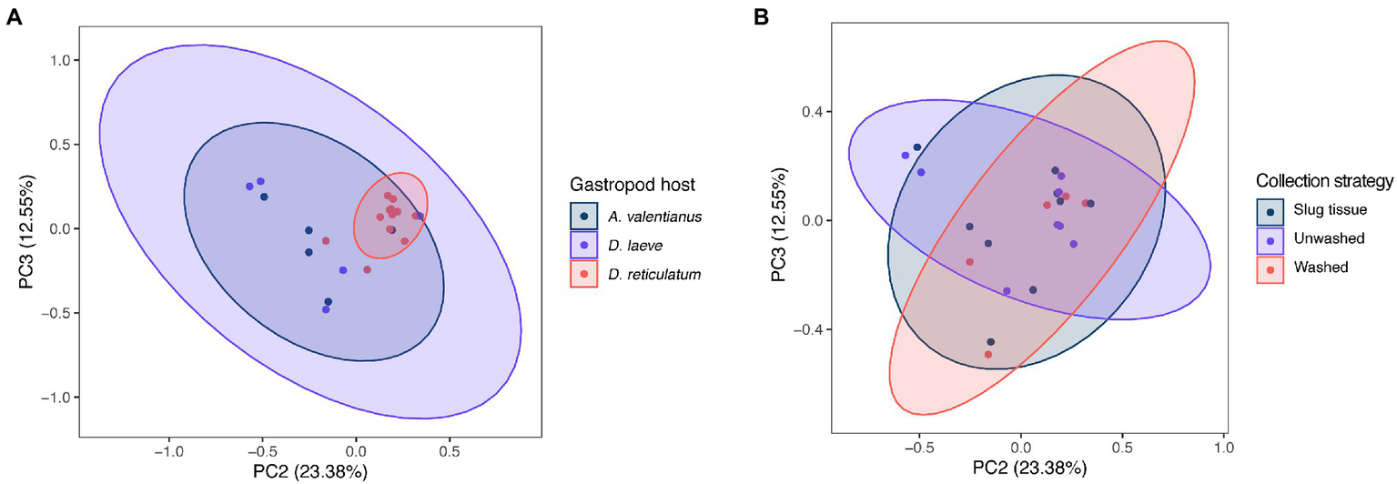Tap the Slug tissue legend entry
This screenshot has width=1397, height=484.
tap(1329, 210)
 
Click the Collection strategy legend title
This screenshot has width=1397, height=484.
tap(1324, 180)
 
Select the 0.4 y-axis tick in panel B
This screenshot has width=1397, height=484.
tap(814, 112)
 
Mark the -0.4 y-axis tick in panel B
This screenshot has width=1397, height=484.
tap(810, 329)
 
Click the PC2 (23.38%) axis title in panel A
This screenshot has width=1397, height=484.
tap(309, 471)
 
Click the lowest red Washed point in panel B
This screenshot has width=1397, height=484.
tap(988, 355)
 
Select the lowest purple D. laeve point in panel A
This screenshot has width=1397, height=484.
tap(326, 309)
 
